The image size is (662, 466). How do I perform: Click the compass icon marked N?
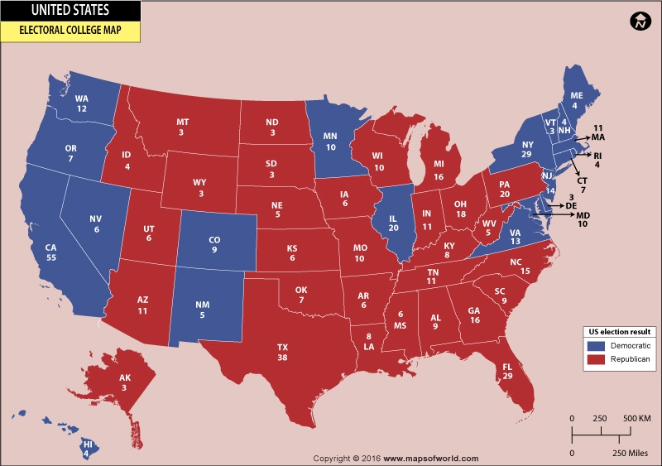(639, 22)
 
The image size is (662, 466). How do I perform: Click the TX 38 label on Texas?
(282, 353)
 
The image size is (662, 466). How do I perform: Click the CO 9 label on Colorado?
(213, 243)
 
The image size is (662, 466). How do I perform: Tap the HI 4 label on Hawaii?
(87, 448)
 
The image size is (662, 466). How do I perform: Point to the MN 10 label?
(330, 142)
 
